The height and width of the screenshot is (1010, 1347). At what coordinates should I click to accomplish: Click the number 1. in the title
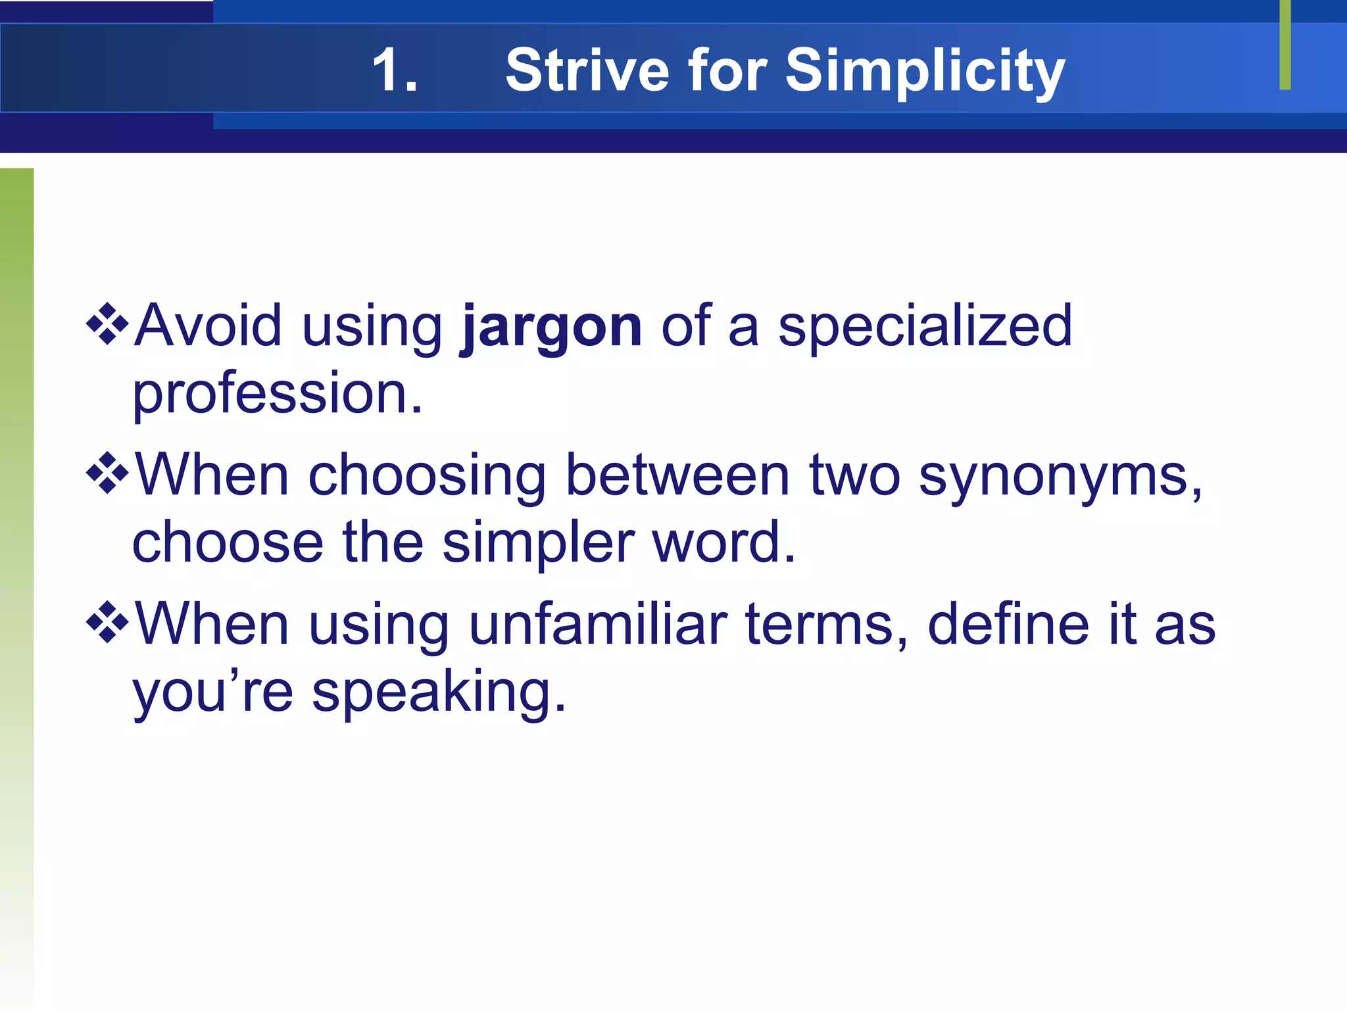395,70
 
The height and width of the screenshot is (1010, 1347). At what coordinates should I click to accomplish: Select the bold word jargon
551,327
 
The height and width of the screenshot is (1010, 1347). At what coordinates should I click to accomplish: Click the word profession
277,394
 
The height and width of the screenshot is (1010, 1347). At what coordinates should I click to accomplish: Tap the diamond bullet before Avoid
107,324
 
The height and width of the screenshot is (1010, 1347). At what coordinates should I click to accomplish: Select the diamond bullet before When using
107,622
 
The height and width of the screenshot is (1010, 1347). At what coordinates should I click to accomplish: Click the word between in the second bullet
677,475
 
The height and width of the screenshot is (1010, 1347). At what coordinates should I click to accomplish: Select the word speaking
439,694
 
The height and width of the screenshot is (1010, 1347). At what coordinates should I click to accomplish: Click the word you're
212,694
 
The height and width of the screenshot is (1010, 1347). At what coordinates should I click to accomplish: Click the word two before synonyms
854,475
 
